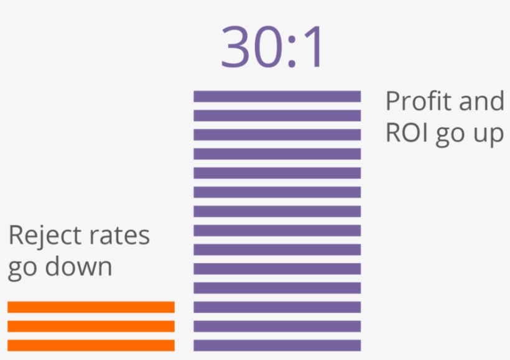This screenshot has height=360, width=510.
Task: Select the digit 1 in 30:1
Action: pyautogui.click(x=315, y=47)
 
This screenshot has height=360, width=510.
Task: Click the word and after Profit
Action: pyautogui.click(x=480, y=101)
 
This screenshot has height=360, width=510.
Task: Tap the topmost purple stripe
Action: pyautogui.click(x=277, y=96)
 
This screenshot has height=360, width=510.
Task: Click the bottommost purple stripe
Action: pyautogui.click(x=277, y=345)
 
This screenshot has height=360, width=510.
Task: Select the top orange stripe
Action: pyautogui.click(x=91, y=307)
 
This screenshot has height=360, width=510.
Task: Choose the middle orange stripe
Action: pyautogui.click(x=91, y=326)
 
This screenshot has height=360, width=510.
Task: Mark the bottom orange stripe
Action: pyautogui.click(x=91, y=345)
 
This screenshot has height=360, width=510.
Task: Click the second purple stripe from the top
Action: pyautogui.click(x=277, y=116)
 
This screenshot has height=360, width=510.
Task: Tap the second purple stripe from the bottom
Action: pyautogui.click(x=277, y=326)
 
